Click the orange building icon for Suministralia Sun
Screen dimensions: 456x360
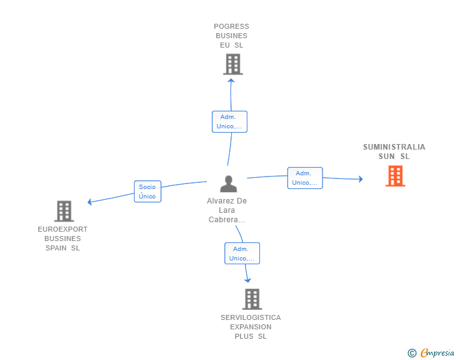point(395,176)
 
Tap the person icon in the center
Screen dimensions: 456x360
point(229,184)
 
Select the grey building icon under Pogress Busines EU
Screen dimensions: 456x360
point(233,64)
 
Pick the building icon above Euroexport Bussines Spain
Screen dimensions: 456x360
point(64,211)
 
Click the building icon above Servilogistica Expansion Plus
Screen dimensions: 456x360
point(252,299)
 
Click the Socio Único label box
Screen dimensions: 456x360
point(147,192)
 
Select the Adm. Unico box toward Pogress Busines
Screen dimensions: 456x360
point(229,121)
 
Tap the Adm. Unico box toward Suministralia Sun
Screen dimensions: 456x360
point(305,178)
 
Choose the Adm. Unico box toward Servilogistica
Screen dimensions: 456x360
point(242,254)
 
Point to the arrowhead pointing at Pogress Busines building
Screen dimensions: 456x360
point(231,81)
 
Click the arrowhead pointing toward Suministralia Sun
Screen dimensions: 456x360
point(361,179)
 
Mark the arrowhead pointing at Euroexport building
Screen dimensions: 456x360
point(90,202)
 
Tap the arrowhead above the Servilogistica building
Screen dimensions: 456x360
point(247,280)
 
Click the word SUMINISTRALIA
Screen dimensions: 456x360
point(394,147)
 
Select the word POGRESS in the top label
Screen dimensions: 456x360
point(232,26)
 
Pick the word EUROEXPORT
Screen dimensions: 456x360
point(63,229)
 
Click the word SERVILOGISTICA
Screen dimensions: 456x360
point(251,317)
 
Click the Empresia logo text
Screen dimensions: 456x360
point(437,352)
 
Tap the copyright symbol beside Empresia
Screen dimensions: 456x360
point(412,353)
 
